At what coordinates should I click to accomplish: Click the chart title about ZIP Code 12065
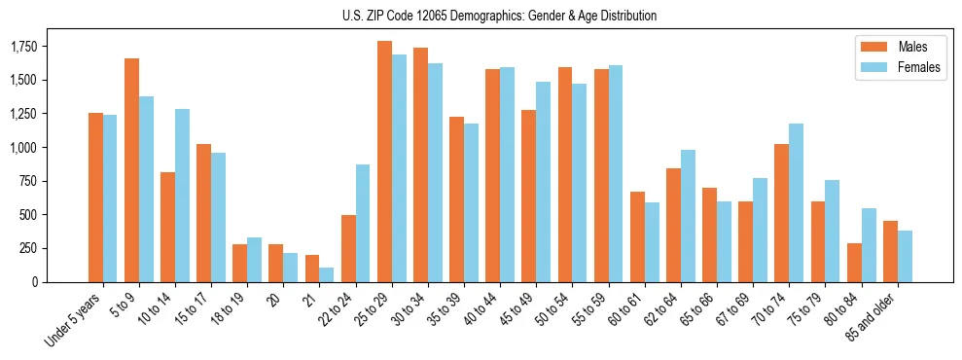tap(499, 16)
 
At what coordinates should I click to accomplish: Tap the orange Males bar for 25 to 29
tap(384, 162)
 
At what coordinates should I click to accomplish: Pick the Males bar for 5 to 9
tap(132, 170)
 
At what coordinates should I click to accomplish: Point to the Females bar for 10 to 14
tap(183, 196)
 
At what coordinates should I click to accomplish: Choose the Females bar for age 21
tap(327, 274)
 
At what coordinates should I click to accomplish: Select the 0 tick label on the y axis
tap(35, 282)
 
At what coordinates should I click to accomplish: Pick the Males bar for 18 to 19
tap(240, 263)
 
